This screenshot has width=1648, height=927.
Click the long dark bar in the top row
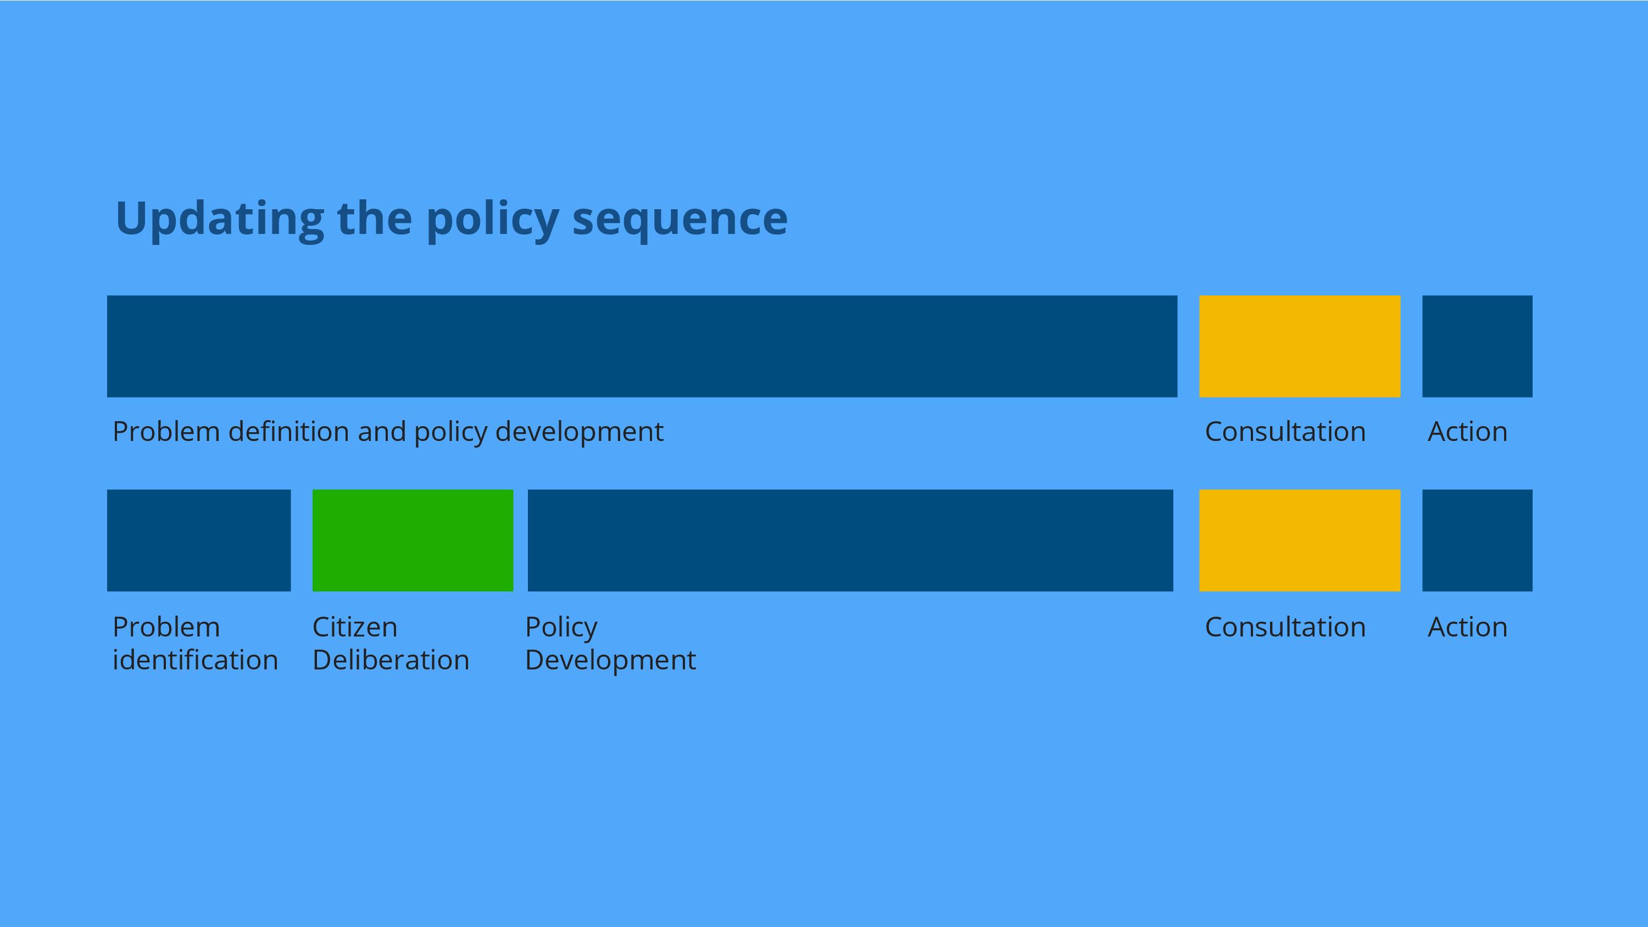[x=642, y=346]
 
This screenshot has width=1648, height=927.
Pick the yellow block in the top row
[x=1299, y=346]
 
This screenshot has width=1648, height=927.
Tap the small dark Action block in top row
[x=1477, y=346]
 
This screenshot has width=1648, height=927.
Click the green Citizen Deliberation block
[x=413, y=540]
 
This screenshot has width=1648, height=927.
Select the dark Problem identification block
[x=199, y=540]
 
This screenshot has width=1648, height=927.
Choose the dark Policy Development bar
[x=850, y=540]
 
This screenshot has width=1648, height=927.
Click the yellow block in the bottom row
[x=1299, y=540]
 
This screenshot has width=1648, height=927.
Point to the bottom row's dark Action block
[x=1477, y=540]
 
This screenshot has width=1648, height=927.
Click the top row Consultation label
[x=1285, y=432]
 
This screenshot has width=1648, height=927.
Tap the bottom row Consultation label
[x=1285, y=627]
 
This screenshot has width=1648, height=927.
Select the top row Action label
[x=1468, y=432]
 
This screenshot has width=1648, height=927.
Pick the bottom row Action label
[x=1468, y=627]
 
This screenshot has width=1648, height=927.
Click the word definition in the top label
[x=288, y=432]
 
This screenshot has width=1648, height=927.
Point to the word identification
[x=195, y=660]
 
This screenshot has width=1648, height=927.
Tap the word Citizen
[x=355, y=627]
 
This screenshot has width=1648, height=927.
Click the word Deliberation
[x=391, y=660]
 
